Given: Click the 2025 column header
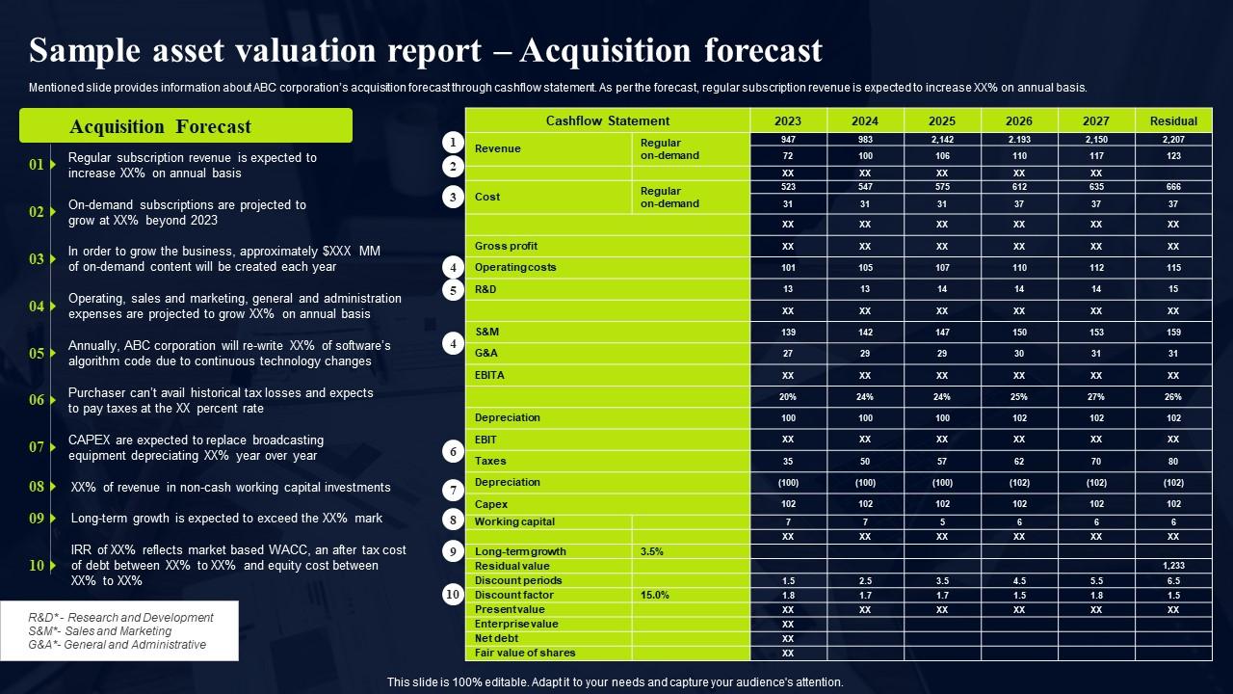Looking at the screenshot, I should tap(941, 120).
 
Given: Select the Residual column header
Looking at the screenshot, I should tap(1172, 120).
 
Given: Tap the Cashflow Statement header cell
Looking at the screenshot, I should tap(607, 120).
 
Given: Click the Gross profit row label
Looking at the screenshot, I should tap(506, 246).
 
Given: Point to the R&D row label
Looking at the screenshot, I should tap(485, 289).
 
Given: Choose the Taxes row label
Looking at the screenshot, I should tap(490, 461).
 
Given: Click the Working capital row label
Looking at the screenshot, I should tap(514, 521).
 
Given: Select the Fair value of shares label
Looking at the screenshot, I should tap(525, 653).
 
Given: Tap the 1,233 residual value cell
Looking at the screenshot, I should tap(1172, 566).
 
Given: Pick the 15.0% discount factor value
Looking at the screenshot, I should tap(654, 595).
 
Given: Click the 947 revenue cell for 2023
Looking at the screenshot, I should tap(787, 139).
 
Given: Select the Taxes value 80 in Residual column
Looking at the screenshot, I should tap(1172, 461).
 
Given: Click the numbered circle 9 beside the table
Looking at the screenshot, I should tap(453, 551).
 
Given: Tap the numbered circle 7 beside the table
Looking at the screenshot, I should tap(453, 490).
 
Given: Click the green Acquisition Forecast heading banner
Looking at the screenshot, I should tap(186, 126).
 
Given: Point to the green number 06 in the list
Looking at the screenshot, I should tap(37, 400).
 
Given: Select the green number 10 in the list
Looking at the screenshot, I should tap(37, 566).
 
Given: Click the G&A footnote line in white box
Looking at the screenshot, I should tap(118, 645).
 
